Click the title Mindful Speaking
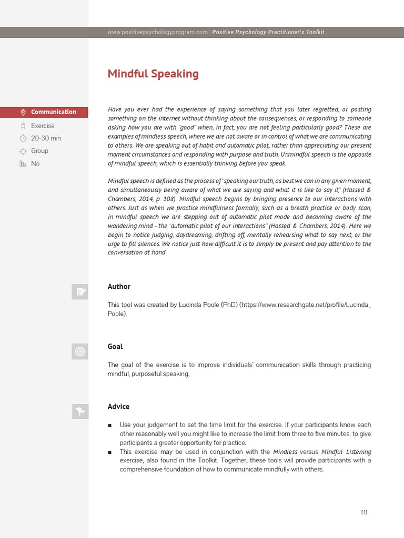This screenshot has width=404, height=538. [x=153, y=74]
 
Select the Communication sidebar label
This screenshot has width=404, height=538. [x=53, y=112]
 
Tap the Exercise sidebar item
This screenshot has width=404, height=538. [x=43, y=126]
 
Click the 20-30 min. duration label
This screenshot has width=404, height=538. [x=47, y=138]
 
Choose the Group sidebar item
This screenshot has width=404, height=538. [x=39, y=151]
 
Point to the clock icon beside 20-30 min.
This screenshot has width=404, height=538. [x=23, y=138]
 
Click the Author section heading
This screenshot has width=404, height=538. [x=119, y=286]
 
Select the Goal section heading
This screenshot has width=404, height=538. [x=115, y=346]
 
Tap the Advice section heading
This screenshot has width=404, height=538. [x=118, y=406]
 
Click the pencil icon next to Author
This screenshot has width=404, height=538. [x=80, y=292]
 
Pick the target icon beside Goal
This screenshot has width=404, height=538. [x=80, y=351]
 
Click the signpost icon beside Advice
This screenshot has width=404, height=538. [x=80, y=411]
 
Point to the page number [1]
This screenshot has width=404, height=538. [x=364, y=512]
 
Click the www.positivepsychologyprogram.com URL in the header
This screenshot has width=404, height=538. [x=157, y=32]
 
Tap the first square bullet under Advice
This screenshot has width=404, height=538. [x=109, y=425]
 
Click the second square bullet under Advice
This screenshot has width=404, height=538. [x=109, y=452]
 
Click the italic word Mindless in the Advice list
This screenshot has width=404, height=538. [x=285, y=452]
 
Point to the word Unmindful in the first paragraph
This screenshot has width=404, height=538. [x=296, y=154]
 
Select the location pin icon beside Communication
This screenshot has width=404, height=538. [x=23, y=112]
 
